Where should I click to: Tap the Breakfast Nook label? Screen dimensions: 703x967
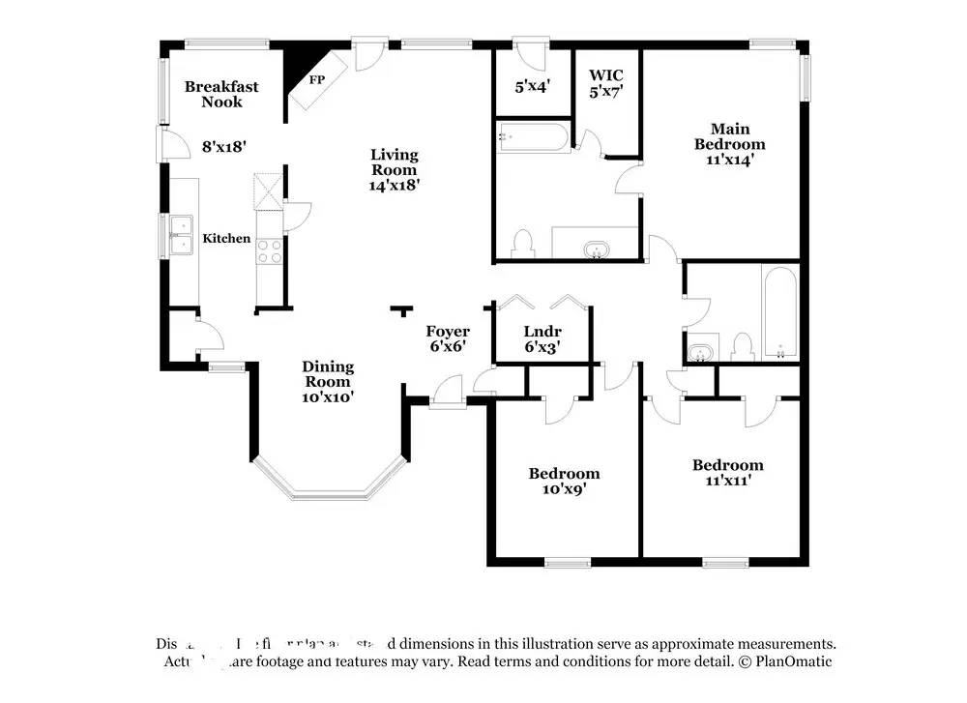[221, 94]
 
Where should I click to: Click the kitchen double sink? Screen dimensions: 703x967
[180, 234]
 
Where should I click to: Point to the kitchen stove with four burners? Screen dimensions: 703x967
[269, 251]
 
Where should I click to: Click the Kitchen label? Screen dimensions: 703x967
[226, 239]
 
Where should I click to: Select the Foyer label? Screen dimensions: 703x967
[448, 332]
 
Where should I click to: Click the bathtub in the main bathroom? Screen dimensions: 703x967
[533, 138]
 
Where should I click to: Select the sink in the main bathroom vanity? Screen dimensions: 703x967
[596, 251]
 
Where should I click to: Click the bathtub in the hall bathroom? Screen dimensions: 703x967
[779, 311]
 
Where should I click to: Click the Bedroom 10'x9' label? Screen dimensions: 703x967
[564, 482]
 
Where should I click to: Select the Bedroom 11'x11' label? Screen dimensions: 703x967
[727, 472]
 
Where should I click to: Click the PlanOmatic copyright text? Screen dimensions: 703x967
[785, 661]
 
